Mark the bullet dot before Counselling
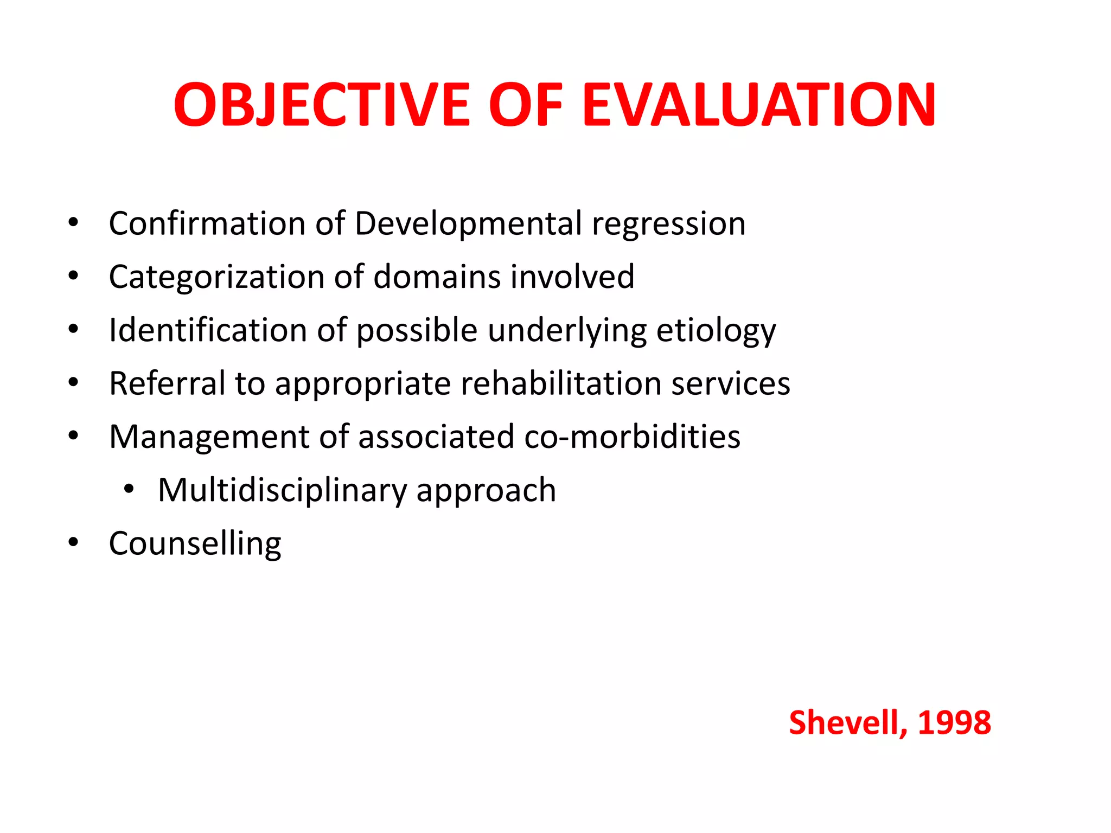click(73, 542)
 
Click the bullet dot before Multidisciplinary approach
click(129, 489)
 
